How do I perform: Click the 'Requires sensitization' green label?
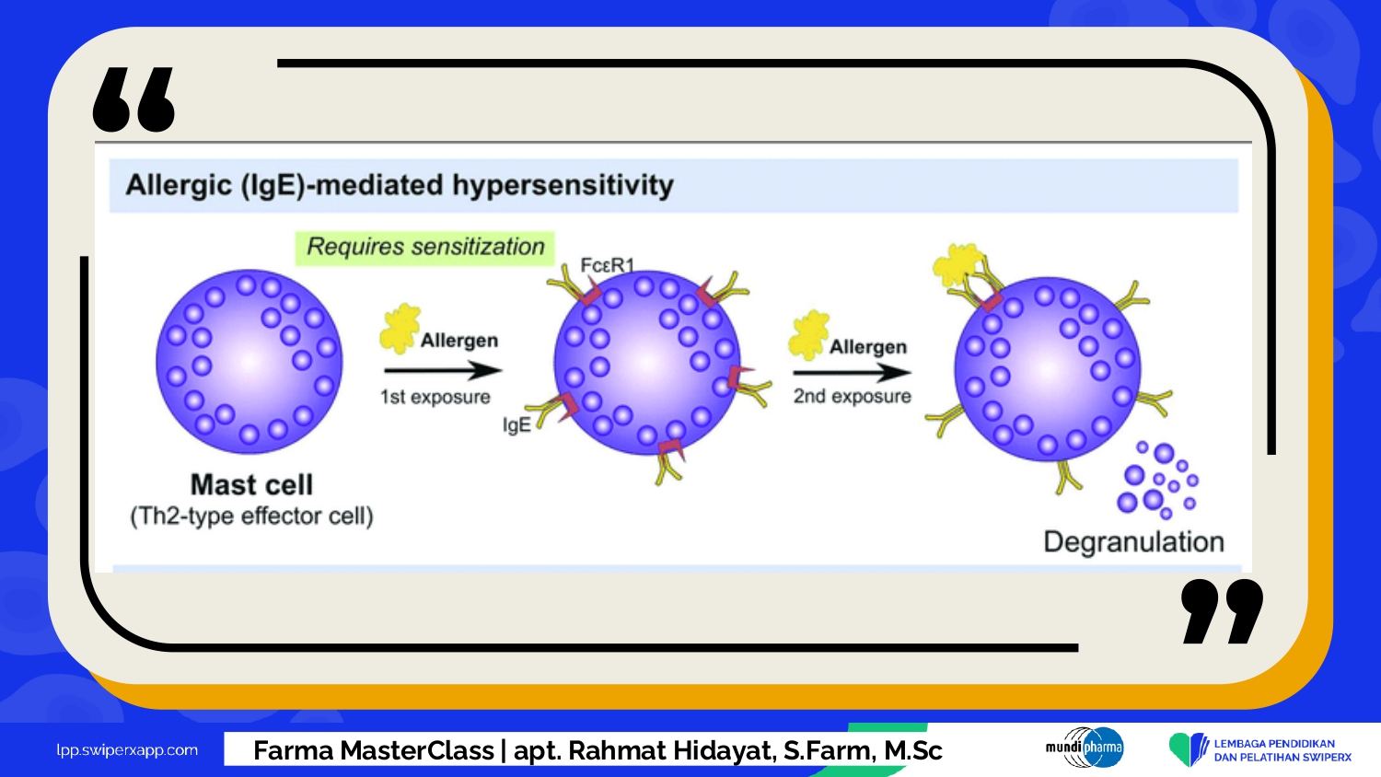[x=424, y=248]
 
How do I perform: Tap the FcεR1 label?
[x=608, y=266]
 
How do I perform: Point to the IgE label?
[x=516, y=425]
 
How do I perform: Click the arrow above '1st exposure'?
[x=443, y=370]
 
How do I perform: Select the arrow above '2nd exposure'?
[x=852, y=373]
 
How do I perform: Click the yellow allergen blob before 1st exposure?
[x=400, y=329]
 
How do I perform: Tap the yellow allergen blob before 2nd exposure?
[x=809, y=335]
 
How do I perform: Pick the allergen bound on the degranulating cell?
[x=957, y=265]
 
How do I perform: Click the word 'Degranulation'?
[x=1133, y=542]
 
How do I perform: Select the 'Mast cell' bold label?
[x=251, y=484]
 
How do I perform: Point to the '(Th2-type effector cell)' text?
[x=251, y=516]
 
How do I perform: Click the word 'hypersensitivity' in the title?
[x=563, y=186]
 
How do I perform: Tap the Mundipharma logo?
[x=1085, y=748]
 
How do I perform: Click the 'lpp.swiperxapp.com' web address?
[x=127, y=750]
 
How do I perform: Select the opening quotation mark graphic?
[x=133, y=99]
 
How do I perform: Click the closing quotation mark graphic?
[x=1223, y=611]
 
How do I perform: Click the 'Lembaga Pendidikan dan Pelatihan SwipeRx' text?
[x=1283, y=750]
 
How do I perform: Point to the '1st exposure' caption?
[x=435, y=397]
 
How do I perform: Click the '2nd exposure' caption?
[x=852, y=396]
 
